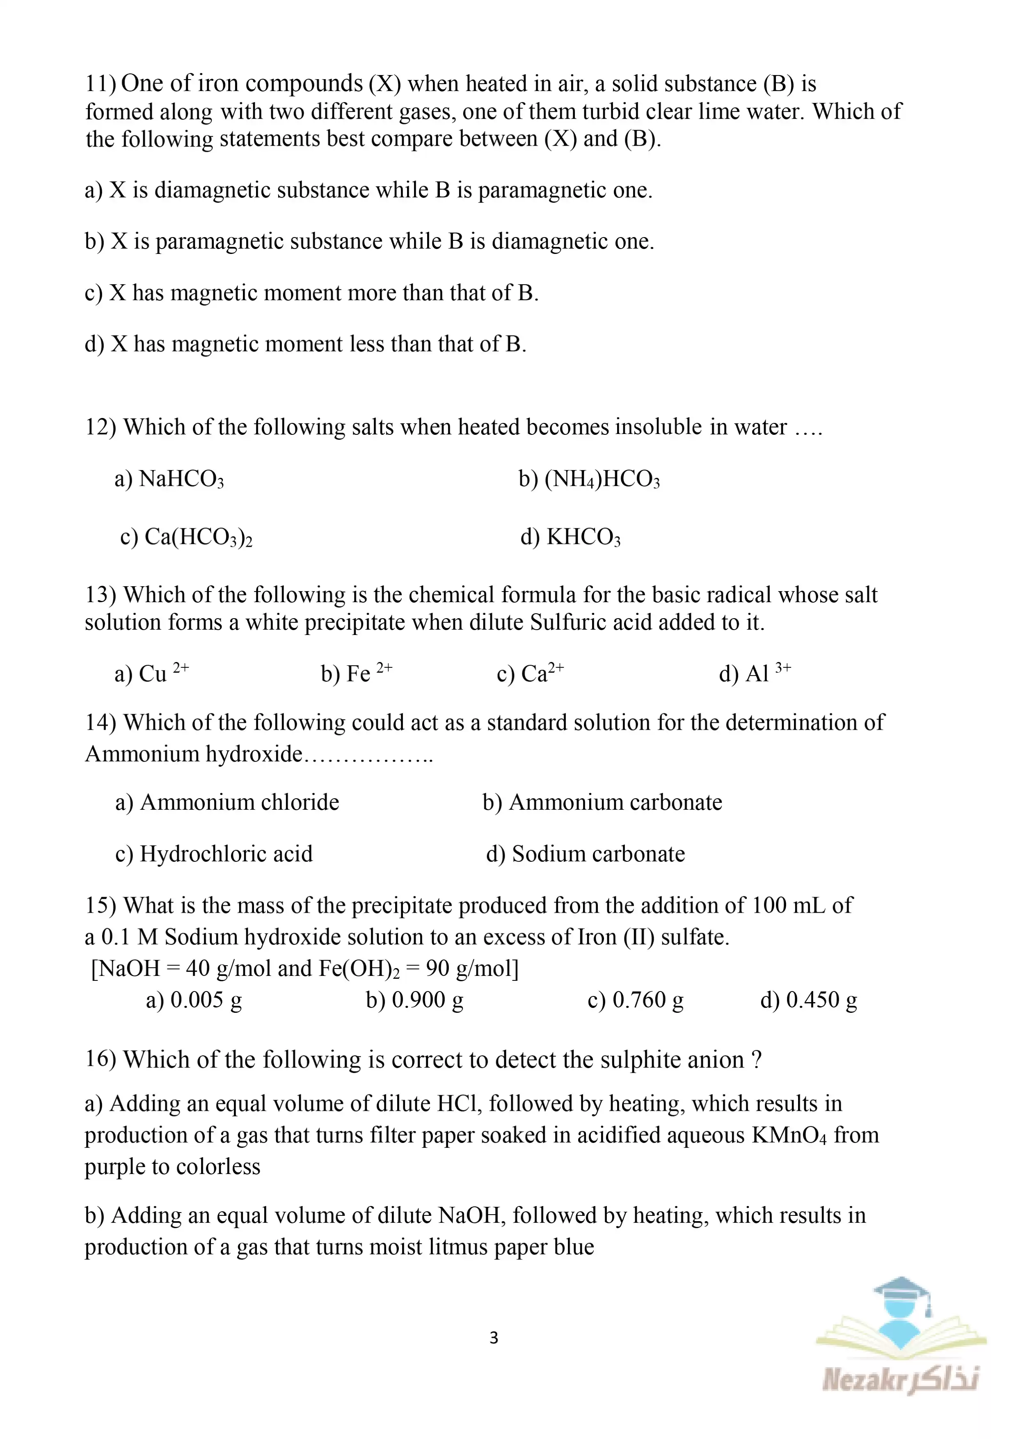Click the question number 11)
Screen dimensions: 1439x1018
point(100,83)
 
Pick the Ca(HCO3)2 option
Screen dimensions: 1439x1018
point(198,537)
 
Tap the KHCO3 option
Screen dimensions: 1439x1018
point(583,537)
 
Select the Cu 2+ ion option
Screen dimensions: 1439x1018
point(163,673)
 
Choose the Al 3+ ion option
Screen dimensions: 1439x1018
point(767,673)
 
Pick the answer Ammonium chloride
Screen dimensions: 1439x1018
point(240,802)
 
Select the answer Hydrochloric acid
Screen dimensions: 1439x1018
point(226,854)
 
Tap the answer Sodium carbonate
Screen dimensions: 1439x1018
point(598,854)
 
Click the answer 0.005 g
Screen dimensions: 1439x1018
point(206,1000)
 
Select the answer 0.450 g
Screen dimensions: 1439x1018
point(821,1000)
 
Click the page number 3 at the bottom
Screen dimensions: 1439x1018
point(494,1337)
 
